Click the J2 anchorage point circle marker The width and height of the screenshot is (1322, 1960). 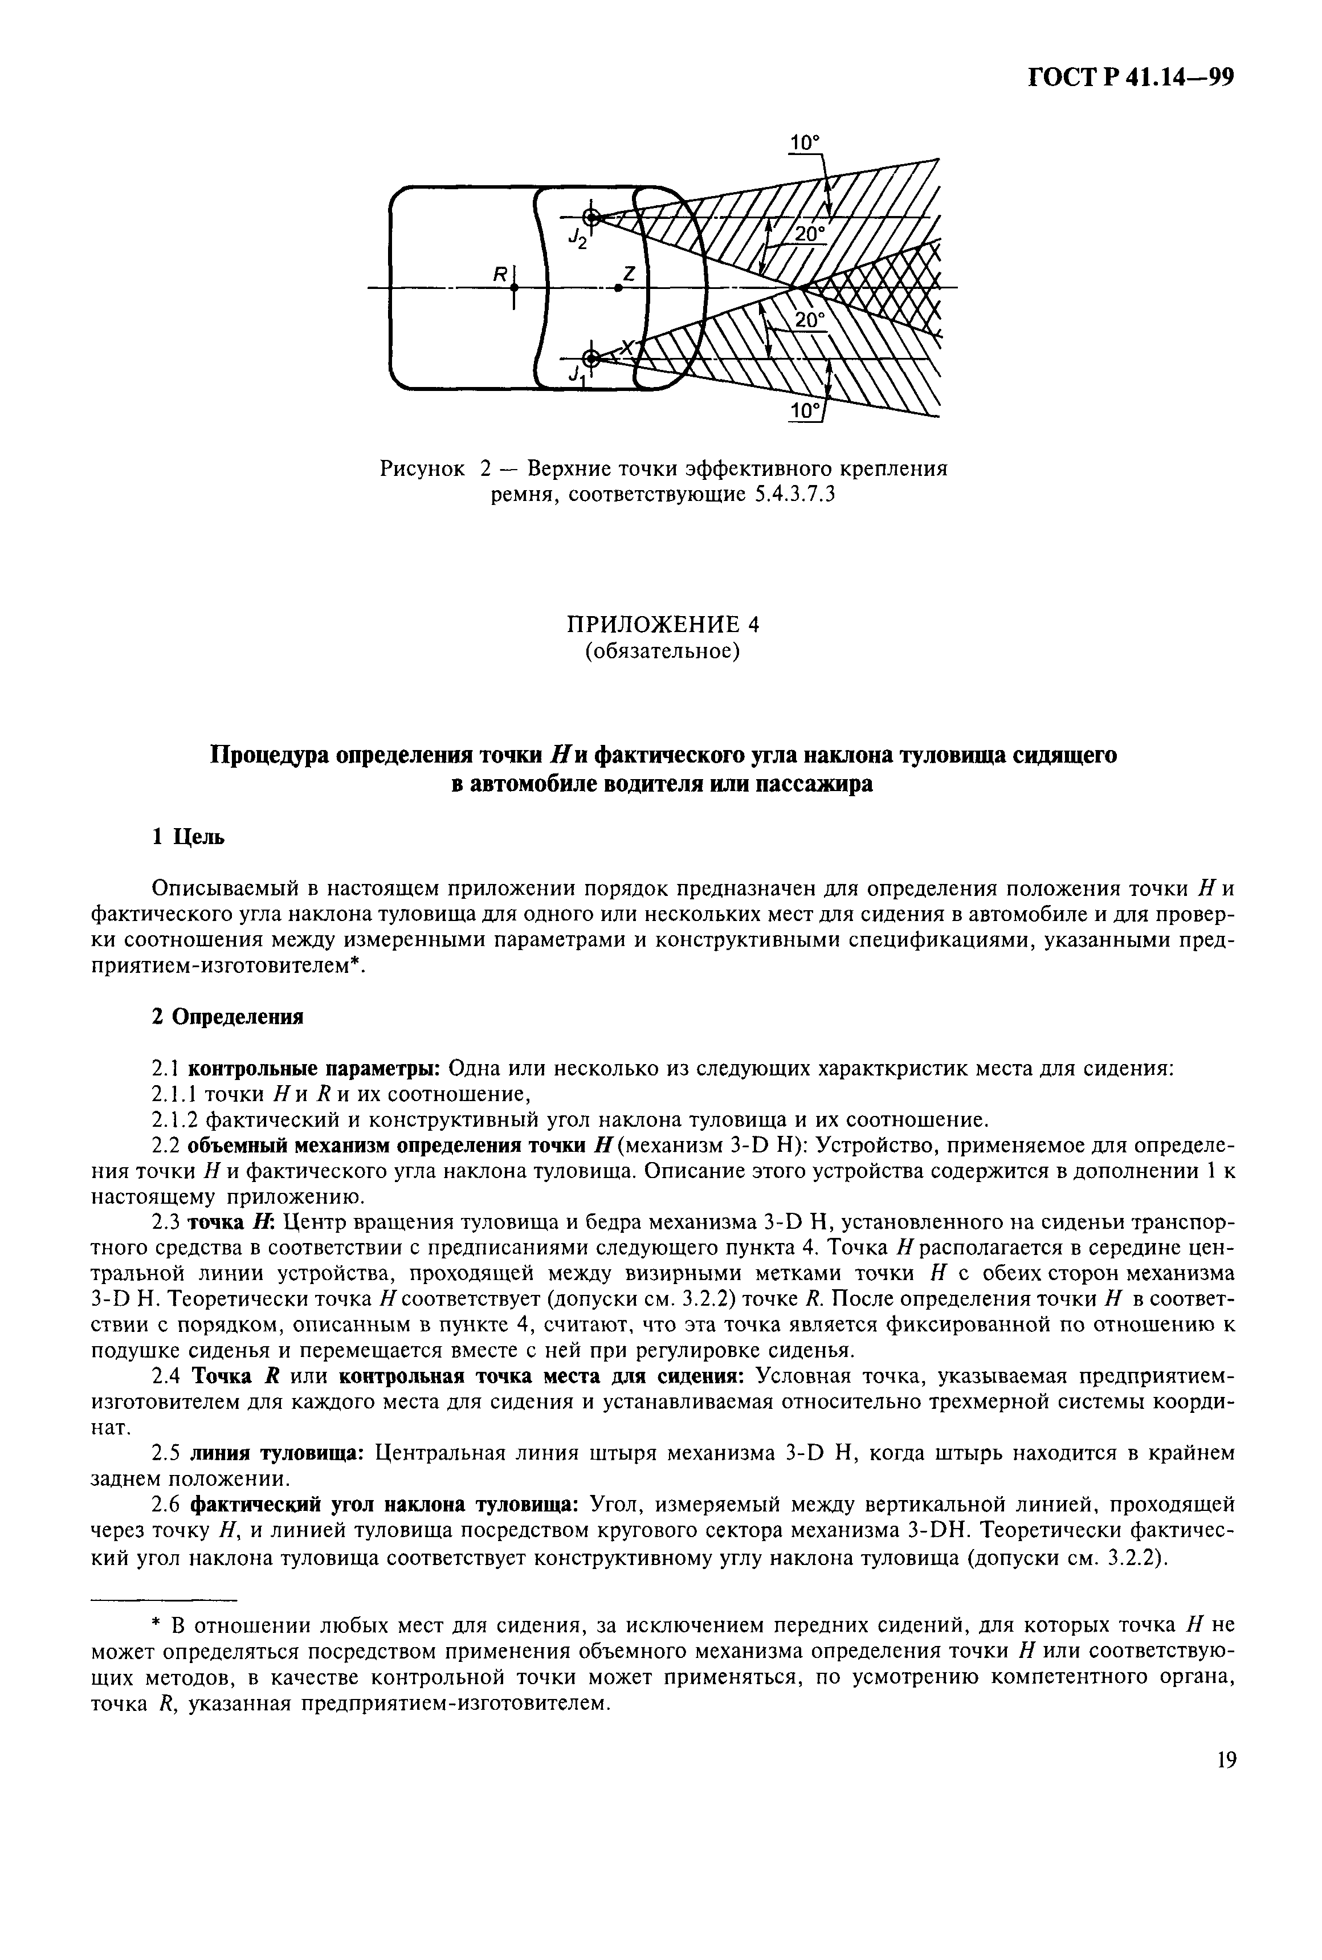tap(592, 218)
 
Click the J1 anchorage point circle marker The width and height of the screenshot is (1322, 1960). tap(592, 357)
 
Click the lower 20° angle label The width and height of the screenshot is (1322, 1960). tap(809, 320)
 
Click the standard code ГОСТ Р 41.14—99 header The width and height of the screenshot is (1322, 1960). tap(1131, 79)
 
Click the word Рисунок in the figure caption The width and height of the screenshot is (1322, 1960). tap(422, 468)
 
